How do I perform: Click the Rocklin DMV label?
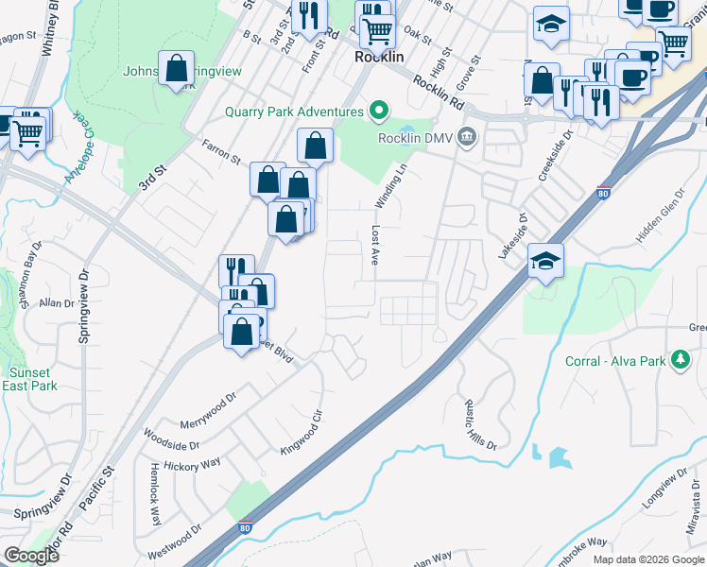(417, 138)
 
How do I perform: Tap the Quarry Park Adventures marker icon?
(379, 112)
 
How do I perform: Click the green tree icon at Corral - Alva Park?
(680, 360)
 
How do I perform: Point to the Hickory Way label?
(194, 465)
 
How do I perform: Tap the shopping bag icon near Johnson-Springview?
(176, 68)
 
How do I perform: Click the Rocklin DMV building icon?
(466, 138)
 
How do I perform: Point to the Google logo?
(32, 556)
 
